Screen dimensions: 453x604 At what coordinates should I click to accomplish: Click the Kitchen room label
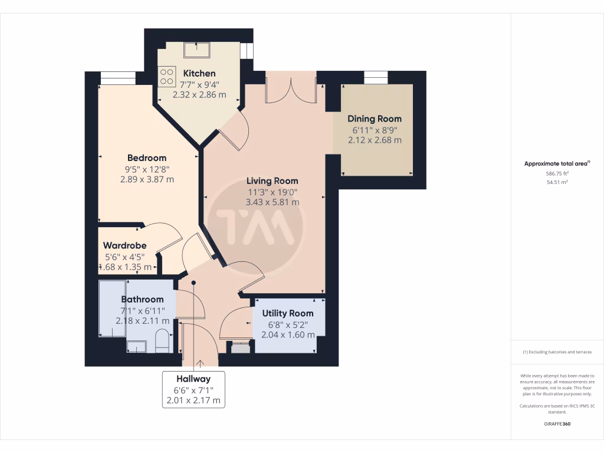(199, 74)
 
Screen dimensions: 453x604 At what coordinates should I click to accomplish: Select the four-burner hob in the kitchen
(166, 77)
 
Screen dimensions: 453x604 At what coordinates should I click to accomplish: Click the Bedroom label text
(147, 158)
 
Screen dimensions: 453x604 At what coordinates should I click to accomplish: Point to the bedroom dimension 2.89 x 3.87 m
(147, 179)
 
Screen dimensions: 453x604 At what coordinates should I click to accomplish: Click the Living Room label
(272, 181)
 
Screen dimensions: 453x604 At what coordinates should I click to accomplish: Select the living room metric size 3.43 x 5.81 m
(272, 202)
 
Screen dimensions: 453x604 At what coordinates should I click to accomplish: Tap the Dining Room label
(374, 119)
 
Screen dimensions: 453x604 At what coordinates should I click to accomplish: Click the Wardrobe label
(124, 245)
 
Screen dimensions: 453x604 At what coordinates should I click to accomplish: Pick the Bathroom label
(142, 300)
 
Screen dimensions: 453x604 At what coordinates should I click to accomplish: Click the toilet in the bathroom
(162, 341)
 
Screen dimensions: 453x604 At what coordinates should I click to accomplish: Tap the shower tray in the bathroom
(112, 308)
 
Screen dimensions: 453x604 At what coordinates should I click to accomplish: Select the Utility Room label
(288, 313)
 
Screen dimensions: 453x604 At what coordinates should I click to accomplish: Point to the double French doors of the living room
(291, 88)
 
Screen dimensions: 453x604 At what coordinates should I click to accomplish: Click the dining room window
(375, 77)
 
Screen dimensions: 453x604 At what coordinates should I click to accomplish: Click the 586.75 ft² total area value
(557, 174)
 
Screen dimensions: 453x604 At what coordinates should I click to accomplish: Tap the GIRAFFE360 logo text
(557, 424)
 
